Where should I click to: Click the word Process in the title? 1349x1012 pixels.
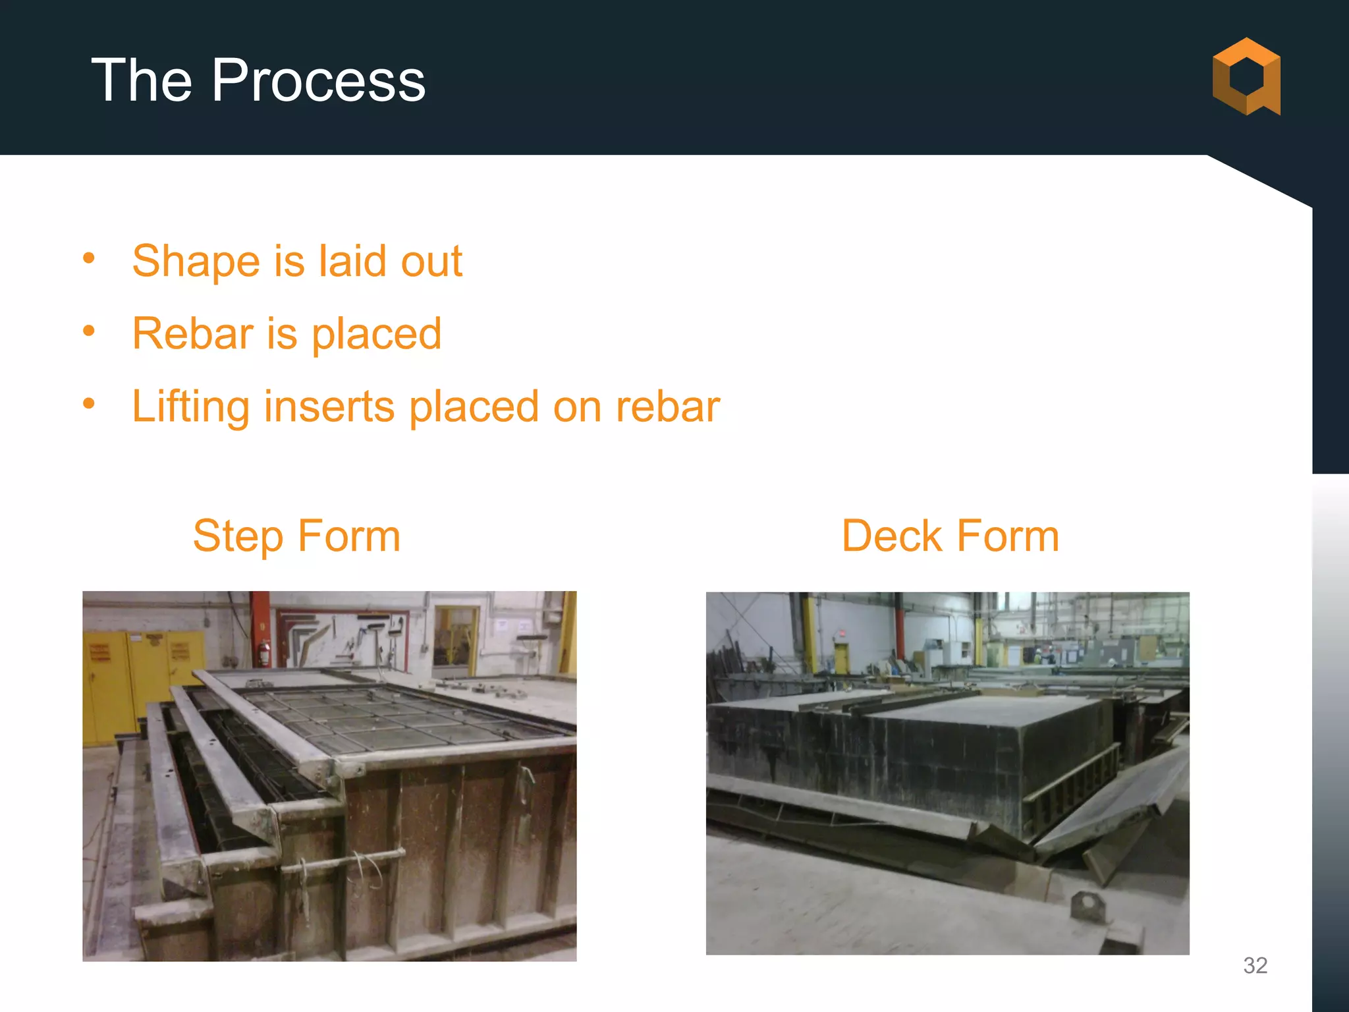pyautogui.click(x=318, y=80)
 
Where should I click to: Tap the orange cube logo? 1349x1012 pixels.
pyautogui.click(x=1246, y=77)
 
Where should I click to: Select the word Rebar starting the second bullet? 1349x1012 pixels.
pyautogui.click(x=192, y=334)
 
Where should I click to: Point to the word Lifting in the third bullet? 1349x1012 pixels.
pyautogui.click(x=190, y=407)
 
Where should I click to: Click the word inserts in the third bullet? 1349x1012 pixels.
pyautogui.click(x=329, y=407)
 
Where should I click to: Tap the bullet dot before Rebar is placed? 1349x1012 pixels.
pyautogui.click(x=89, y=330)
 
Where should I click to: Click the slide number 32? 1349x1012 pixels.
pyautogui.click(x=1255, y=965)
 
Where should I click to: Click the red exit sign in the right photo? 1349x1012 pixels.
pyautogui.click(x=841, y=634)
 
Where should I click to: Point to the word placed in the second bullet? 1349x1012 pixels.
pyautogui.click(x=376, y=334)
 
